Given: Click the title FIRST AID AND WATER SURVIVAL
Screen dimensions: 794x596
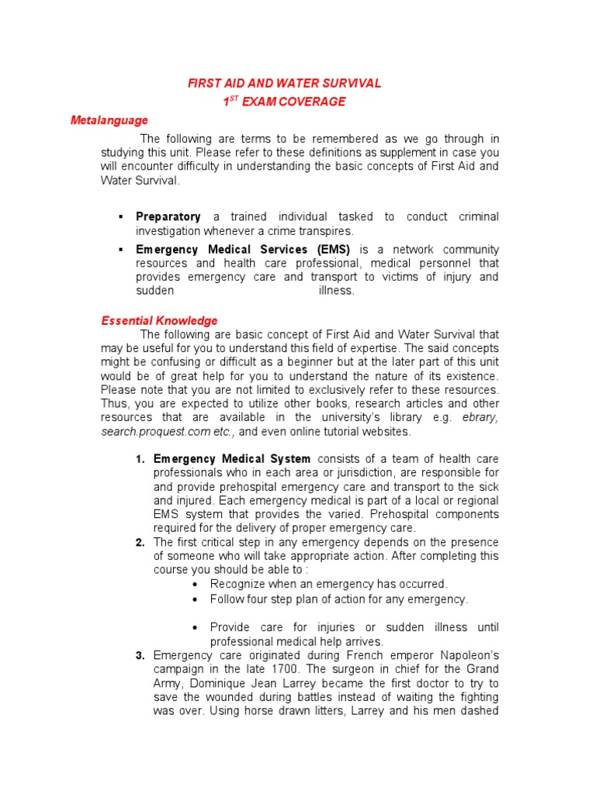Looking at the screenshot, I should [284, 83].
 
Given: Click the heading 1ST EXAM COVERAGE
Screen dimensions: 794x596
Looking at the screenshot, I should [284, 102].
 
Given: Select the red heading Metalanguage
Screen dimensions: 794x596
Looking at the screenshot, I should [109, 120].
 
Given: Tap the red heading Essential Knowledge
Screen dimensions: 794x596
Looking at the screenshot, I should [160, 320].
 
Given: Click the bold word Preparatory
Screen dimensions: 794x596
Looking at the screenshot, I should [168, 217].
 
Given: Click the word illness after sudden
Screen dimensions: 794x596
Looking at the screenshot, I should [336, 291].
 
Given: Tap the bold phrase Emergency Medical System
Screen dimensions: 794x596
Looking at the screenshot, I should [232, 459].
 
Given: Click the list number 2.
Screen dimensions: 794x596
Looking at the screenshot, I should [140, 543].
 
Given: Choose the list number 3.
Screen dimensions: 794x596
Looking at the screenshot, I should [140, 655].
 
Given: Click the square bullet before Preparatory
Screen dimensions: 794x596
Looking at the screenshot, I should [121, 217].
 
